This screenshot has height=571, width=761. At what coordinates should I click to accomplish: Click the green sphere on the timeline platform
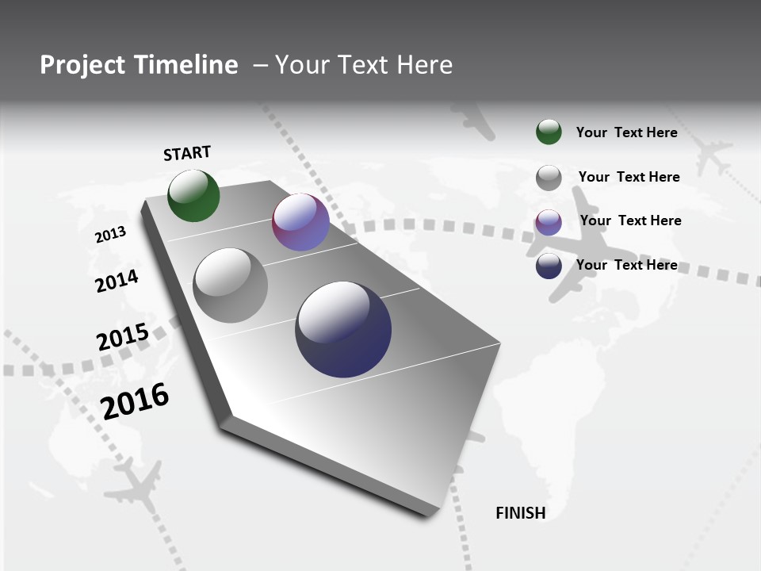pyautogui.click(x=193, y=195)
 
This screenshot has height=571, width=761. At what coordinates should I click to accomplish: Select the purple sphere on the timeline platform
pyautogui.click(x=300, y=222)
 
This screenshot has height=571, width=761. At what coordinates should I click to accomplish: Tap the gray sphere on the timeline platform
pyautogui.click(x=230, y=285)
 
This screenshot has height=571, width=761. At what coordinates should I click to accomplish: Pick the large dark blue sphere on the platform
pyautogui.click(x=343, y=329)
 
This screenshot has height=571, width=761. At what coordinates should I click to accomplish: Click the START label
pyautogui.click(x=187, y=153)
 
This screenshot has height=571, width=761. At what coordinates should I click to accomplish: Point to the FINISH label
pyautogui.click(x=520, y=513)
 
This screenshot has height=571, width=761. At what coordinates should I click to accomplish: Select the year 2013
pyautogui.click(x=110, y=235)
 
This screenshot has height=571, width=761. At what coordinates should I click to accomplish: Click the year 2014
pyautogui.click(x=117, y=281)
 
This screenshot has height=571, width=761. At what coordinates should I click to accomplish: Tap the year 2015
pyautogui.click(x=122, y=337)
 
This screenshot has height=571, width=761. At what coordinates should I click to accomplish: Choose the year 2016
pyautogui.click(x=135, y=400)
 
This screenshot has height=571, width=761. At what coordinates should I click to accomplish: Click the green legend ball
pyautogui.click(x=549, y=132)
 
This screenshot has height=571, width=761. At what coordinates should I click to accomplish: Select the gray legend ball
pyautogui.click(x=549, y=178)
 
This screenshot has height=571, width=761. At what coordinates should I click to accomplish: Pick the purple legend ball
pyautogui.click(x=549, y=222)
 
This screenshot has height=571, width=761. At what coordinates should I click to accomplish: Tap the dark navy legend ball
pyautogui.click(x=549, y=266)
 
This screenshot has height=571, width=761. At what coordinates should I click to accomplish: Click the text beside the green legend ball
pyautogui.click(x=626, y=132)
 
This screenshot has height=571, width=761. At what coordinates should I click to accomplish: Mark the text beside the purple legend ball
pyautogui.click(x=630, y=220)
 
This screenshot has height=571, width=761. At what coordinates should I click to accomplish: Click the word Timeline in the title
pyautogui.click(x=186, y=65)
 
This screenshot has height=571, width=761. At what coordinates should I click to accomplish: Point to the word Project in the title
pyautogui.click(x=83, y=65)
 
